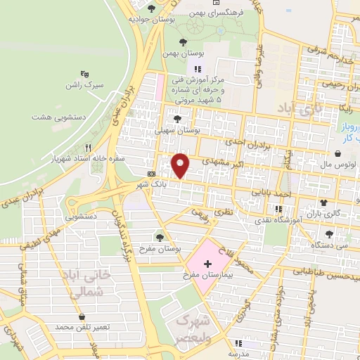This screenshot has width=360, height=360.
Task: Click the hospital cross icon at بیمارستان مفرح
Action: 207,264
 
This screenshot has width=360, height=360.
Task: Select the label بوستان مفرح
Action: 160,249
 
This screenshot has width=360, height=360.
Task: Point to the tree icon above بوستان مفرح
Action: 160,237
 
